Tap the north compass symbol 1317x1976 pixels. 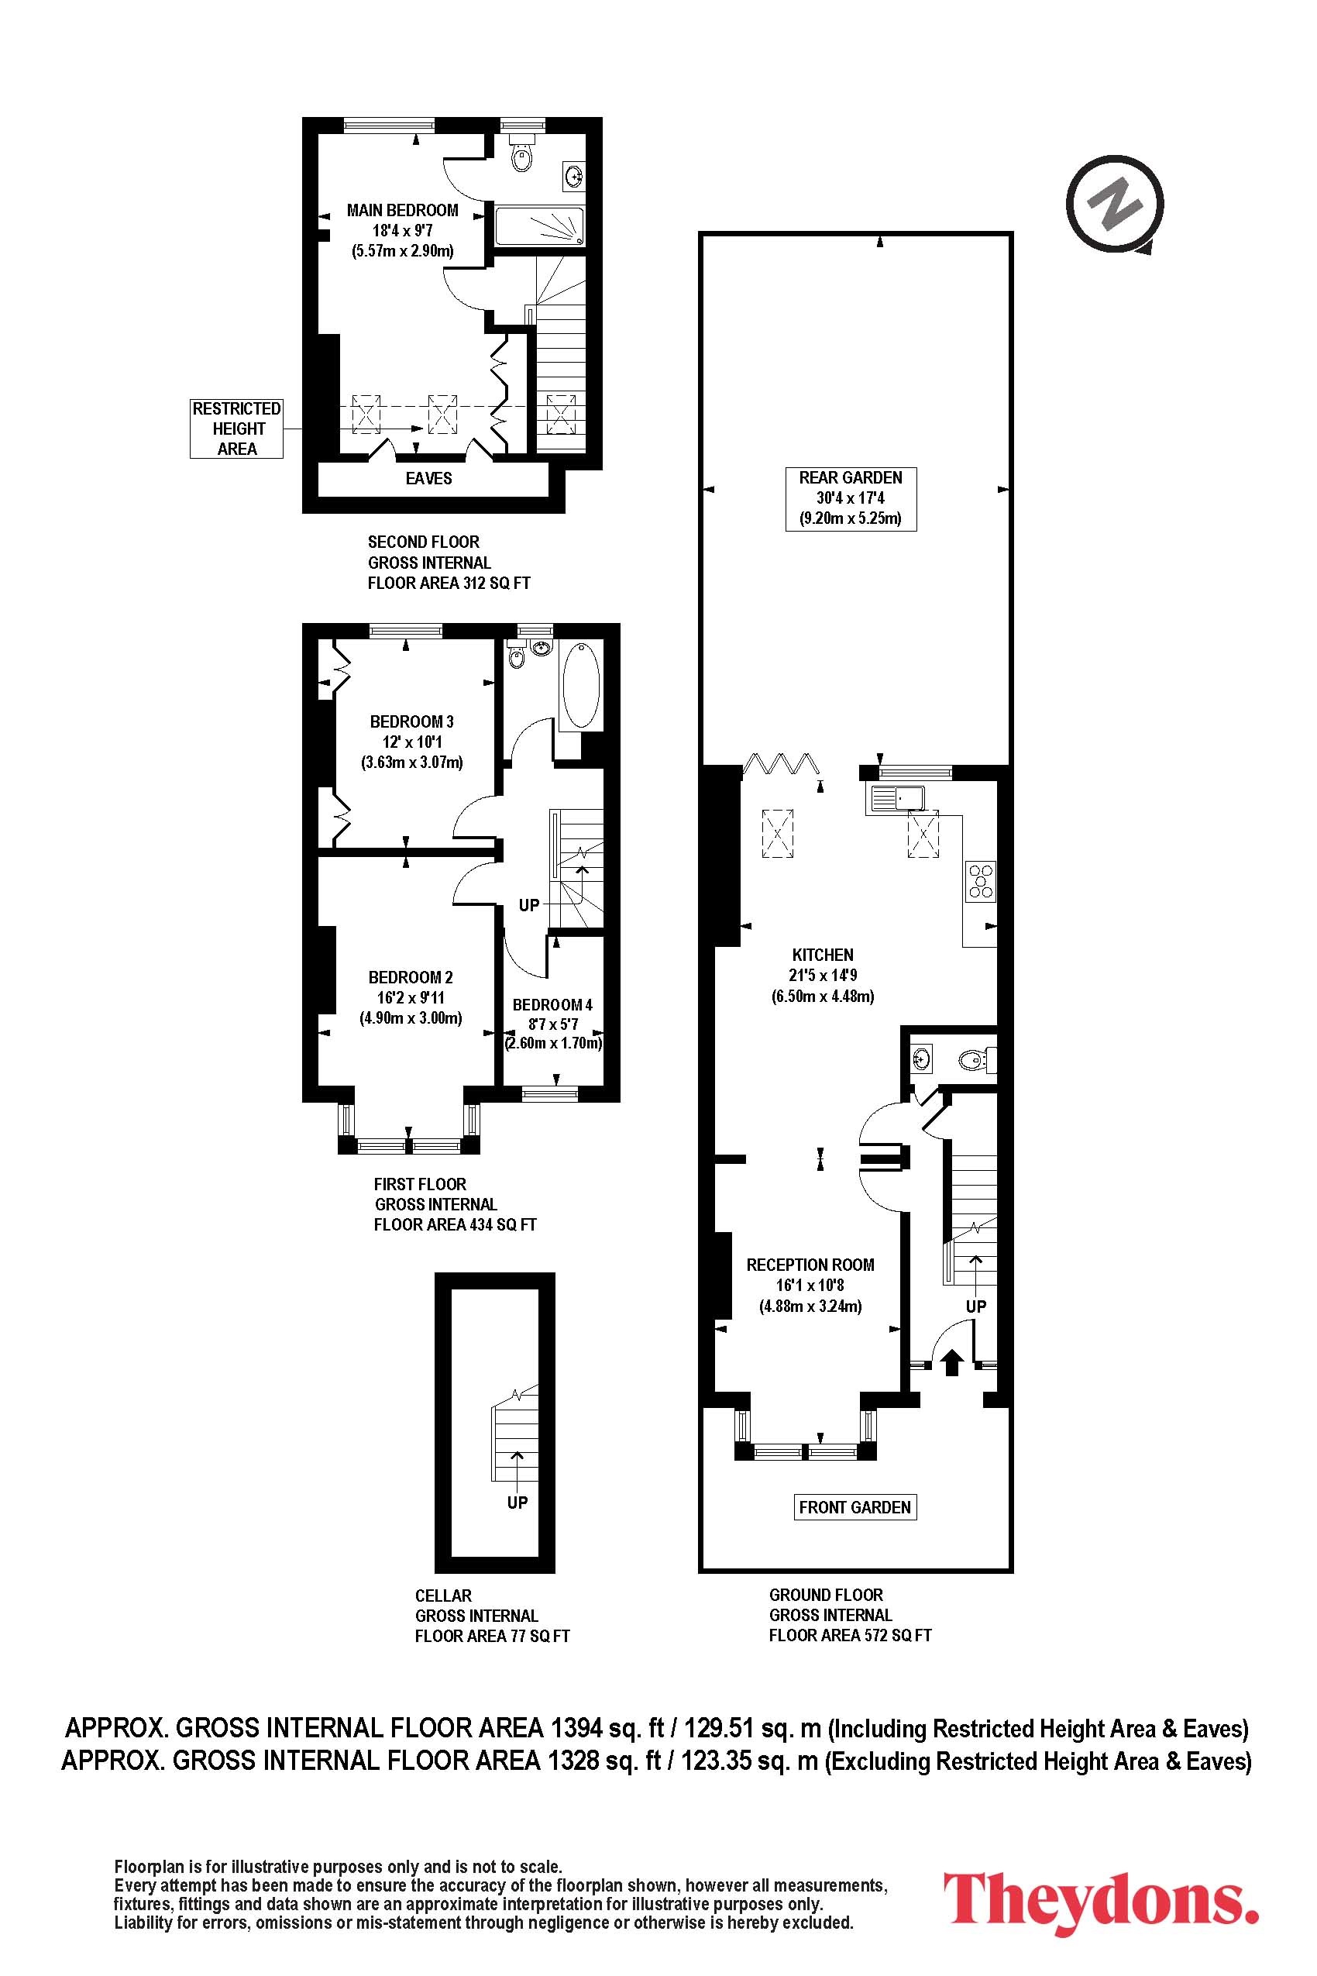click(1116, 204)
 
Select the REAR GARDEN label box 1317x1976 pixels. click(851, 498)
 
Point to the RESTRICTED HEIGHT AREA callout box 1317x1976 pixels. click(237, 429)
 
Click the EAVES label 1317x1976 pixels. click(428, 479)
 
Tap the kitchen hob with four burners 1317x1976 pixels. click(980, 881)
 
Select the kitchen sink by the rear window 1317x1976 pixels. click(897, 799)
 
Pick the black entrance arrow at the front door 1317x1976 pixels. click(951, 1361)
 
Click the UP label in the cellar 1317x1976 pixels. click(518, 1503)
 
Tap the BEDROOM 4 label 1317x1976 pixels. click(552, 1005)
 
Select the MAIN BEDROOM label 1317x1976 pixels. click(403, 211)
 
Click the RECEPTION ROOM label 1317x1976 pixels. click(810, 1265)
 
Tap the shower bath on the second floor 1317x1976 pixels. click(538, 225)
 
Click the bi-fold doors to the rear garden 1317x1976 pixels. click(781, 765)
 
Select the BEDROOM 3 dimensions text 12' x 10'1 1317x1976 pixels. click(411, 742)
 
